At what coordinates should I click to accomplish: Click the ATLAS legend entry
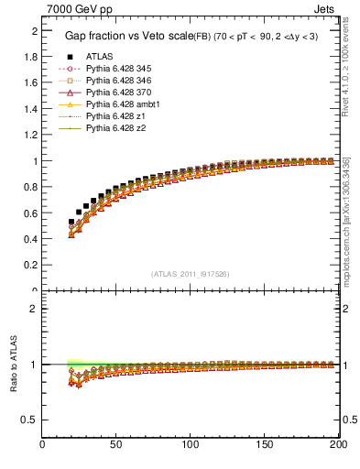tap(99, 56)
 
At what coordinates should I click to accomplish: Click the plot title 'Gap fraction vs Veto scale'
tap(125, 36)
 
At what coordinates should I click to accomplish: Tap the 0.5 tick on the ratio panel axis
tap(31, 420)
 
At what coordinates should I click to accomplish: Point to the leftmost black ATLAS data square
tap(71, 222)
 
